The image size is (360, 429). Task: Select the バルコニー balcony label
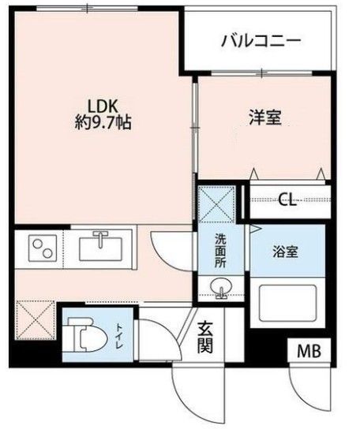261,39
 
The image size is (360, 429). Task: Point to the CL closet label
287,200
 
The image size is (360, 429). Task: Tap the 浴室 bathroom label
287,253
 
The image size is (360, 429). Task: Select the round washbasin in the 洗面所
223,289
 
